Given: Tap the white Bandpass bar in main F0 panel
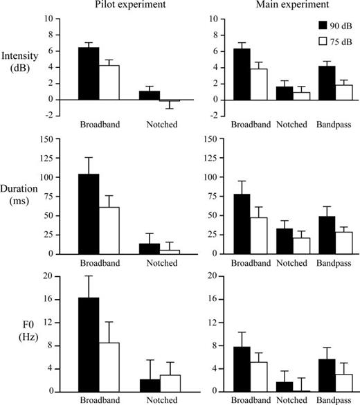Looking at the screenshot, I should click(343, 383).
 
